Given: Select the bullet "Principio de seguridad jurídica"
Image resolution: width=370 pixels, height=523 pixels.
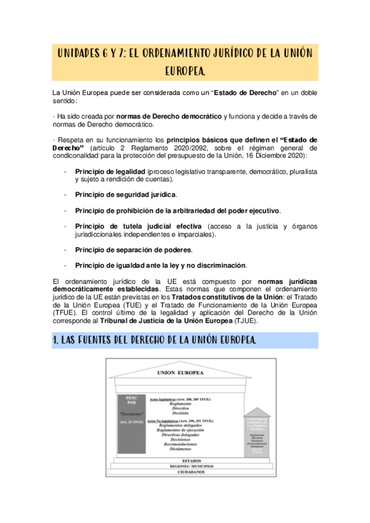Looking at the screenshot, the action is click(126, 194).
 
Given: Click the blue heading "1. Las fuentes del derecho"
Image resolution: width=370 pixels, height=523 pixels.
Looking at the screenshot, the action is click(154, 341).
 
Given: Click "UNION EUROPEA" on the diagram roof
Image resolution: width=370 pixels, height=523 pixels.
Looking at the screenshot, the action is click(185, 373).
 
